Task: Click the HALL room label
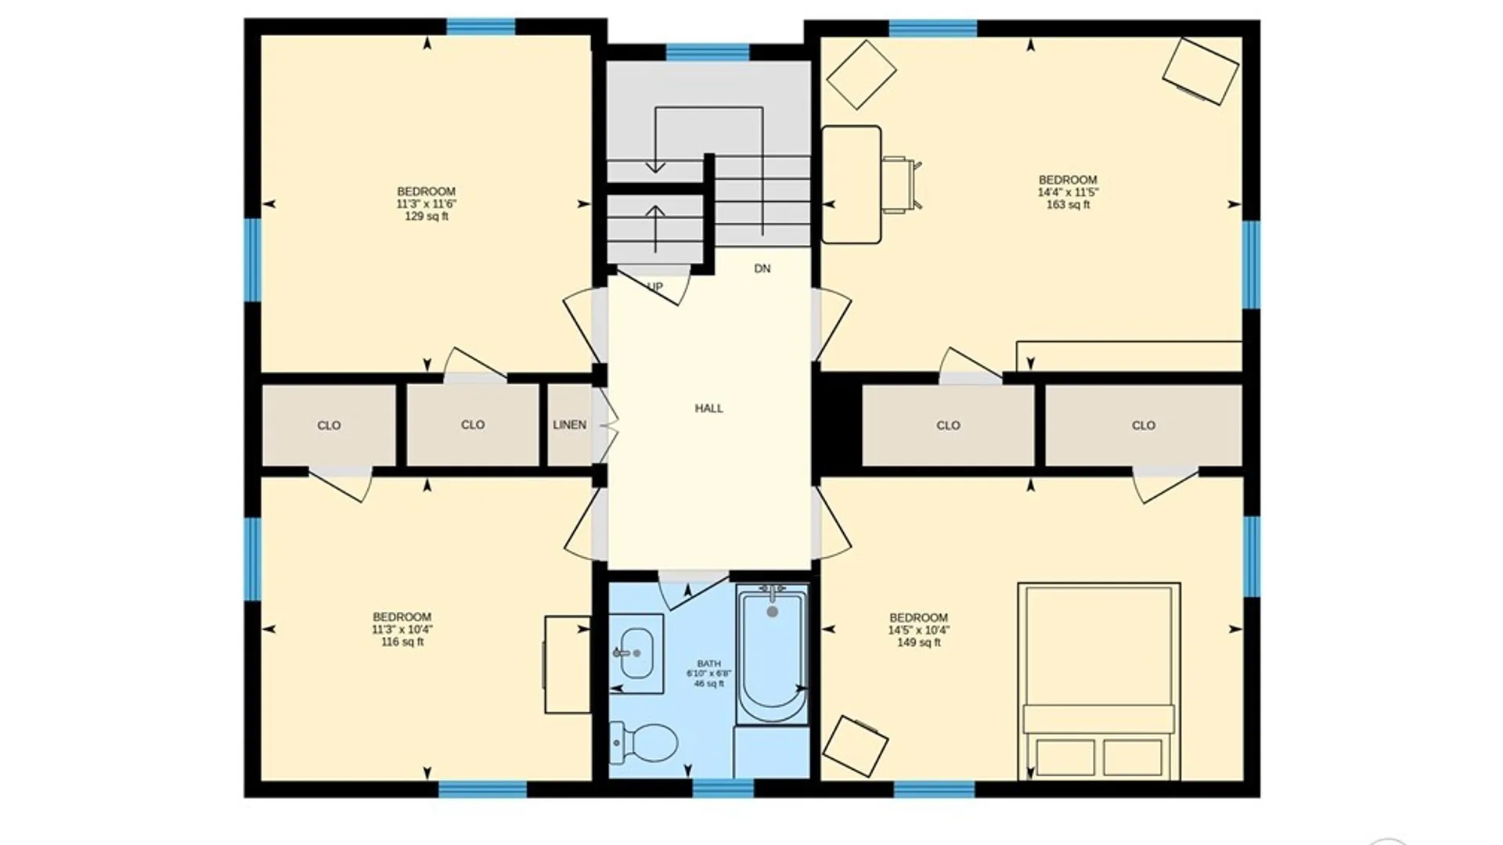tap(709, 408)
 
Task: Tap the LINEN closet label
tap(569, 425)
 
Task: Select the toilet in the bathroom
tap(643, 742)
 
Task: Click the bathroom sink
tap(636, 653)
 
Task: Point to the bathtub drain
tap(773, 612)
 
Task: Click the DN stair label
tap(762, 269)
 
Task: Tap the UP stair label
tap(655, 286)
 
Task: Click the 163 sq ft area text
tap(1068, 205)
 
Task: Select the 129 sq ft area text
tap(427, 217)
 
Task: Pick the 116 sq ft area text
tap(402, 642)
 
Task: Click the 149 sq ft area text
tap(919, 643)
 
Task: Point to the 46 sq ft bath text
tap(709, 684)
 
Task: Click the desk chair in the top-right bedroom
tap(902, 184)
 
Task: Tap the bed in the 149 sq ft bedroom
tap(1099, 681)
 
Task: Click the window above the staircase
tap(708, 52)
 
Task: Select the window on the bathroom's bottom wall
tap(723, 788)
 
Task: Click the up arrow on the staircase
tap(655, 228)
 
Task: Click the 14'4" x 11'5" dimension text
tap(1068, 192)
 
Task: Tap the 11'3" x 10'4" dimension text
tap(402, 630)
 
